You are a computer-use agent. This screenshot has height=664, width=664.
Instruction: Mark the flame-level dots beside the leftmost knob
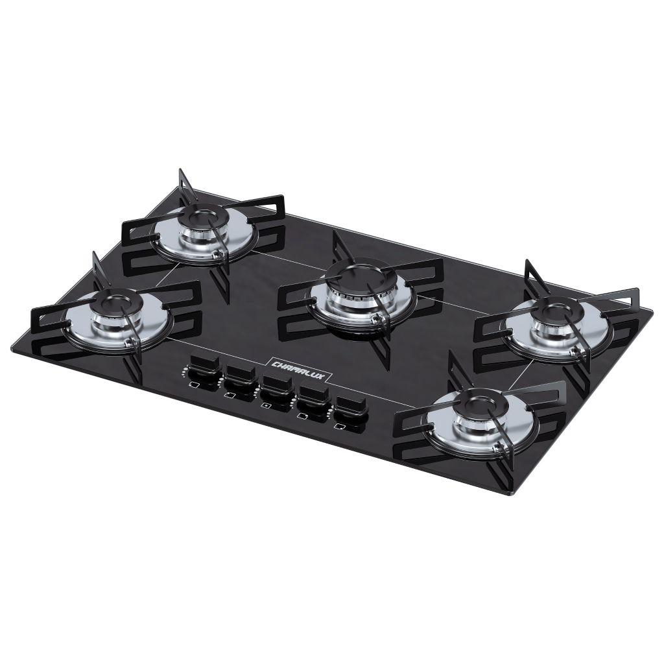click(x=185, y=372)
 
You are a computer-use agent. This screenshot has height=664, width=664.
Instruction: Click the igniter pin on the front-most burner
click(x=497, y=448)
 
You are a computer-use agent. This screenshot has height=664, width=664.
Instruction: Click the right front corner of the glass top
click(x=512, y=493)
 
